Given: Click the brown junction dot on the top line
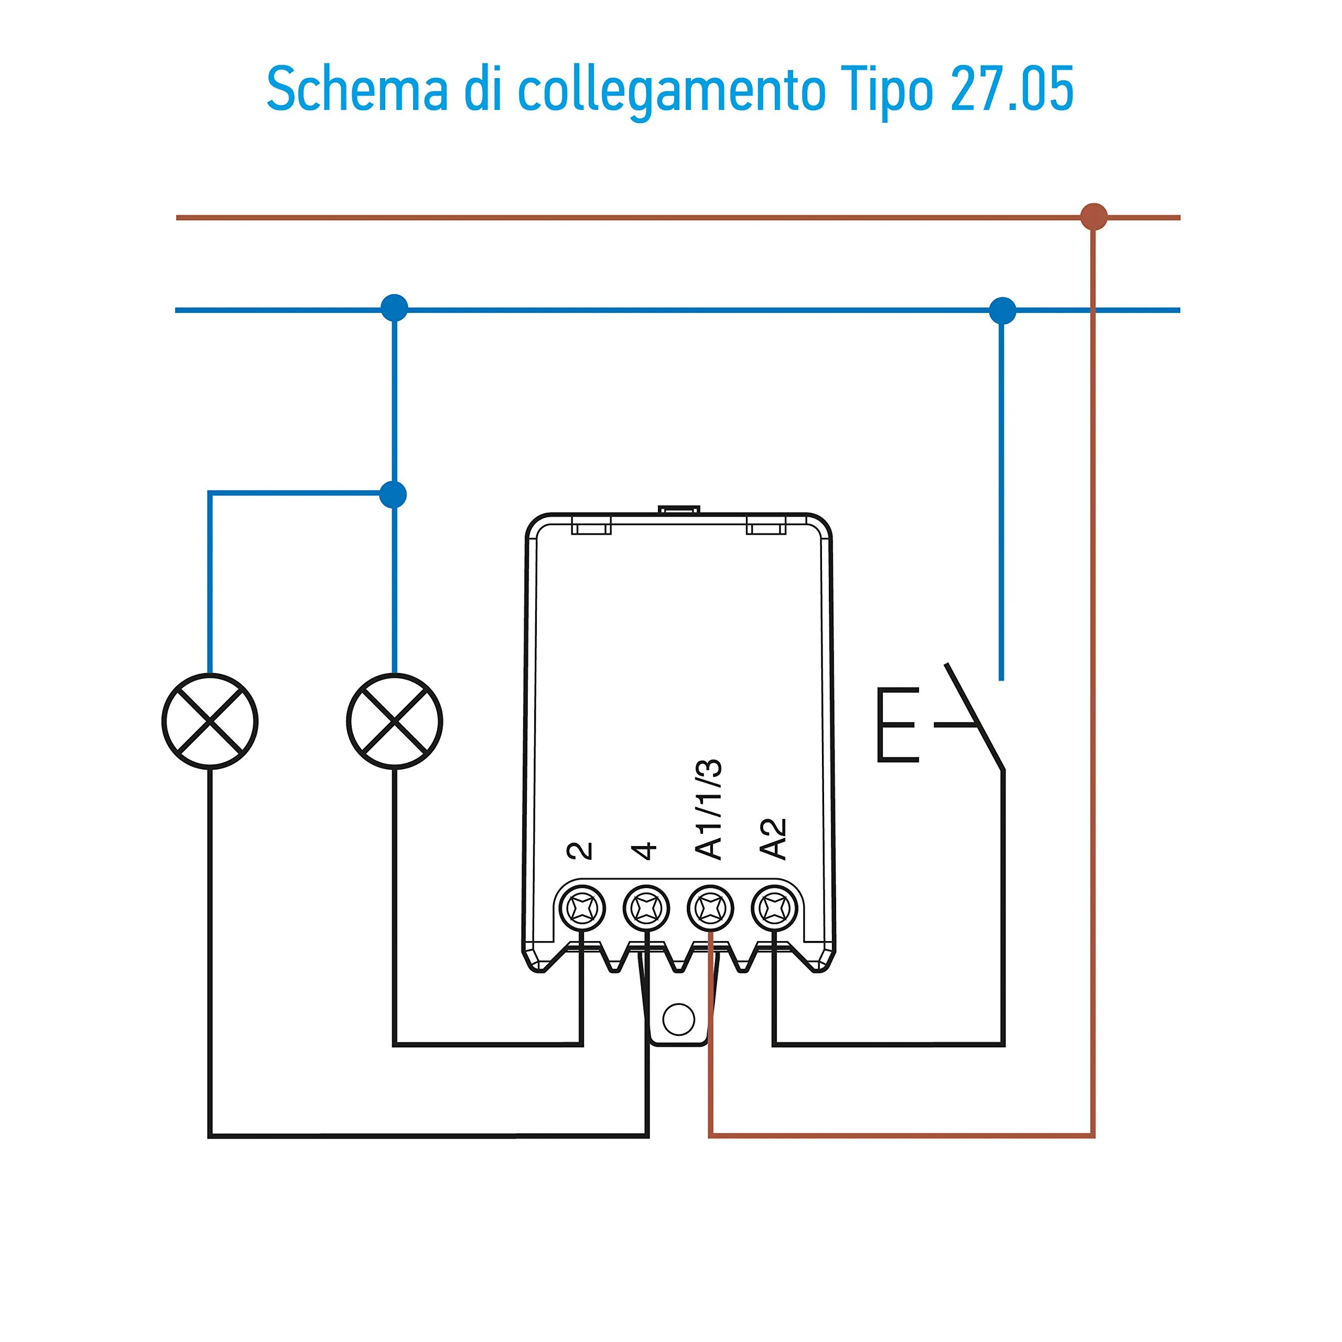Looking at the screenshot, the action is tap(1094, 217).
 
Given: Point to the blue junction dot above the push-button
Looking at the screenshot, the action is tap(1002, 310).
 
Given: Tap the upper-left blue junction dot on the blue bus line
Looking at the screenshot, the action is tap(395, 308).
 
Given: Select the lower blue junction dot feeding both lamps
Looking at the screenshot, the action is tap(393, 494).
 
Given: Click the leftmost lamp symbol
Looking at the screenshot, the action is tap(210, 721).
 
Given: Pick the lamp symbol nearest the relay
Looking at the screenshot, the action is tap(395, 721).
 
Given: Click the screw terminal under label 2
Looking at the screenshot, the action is tap(582, 908).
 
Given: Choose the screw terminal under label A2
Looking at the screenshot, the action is tap(774, 908).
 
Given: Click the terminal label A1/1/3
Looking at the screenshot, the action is tap(709, 809).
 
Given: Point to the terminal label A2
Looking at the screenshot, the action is tap(772, 839).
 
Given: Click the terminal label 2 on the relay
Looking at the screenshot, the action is tap(580, 851).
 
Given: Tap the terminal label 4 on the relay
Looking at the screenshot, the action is tap(644, 851).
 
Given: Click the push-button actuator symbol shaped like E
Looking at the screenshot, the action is tap(897, 725).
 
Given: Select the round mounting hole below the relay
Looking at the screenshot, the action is tap(679, 1019).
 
